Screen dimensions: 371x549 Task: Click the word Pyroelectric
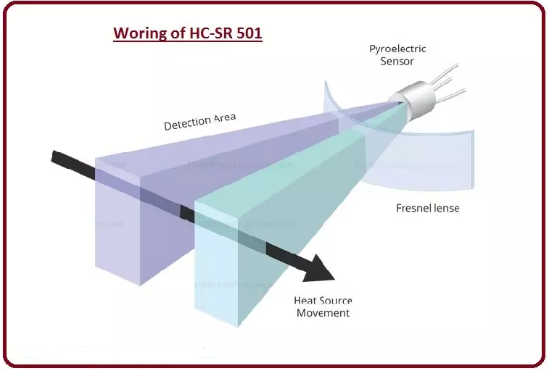397,49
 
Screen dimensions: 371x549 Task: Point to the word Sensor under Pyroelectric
397,62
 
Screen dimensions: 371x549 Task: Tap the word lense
445,208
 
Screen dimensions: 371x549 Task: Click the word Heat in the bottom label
304,300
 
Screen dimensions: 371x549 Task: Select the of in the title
175,33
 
